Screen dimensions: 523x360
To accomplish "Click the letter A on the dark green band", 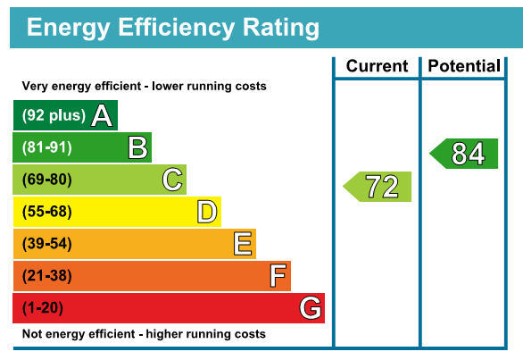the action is coord(102,115).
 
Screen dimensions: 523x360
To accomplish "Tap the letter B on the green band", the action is coord(137,147).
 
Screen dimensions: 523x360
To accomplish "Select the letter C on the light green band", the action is coord(172,180).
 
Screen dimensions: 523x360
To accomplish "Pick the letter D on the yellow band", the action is coord(207,212).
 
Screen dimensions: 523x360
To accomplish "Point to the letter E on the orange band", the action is coord(243,244).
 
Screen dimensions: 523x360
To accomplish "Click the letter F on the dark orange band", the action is coord(278,275).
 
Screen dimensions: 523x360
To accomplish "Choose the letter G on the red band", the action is coord(311,307).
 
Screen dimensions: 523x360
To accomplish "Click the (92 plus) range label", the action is coord(54,115).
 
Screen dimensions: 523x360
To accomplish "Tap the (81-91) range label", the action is coord(47,147).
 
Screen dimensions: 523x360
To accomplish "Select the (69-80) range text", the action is coord(47,180).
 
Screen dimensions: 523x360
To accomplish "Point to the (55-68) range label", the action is coord(47,212).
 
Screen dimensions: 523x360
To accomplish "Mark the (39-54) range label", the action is coord(47,244).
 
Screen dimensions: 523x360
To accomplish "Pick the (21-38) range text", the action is coord(47,276).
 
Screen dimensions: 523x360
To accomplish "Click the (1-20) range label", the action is coord(43,308).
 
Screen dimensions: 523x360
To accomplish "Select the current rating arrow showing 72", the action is coord(378,187).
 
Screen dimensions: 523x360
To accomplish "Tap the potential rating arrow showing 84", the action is coord(463,154).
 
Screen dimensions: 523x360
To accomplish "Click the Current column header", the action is coord(377,66).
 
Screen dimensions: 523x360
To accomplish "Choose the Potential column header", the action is coord(464,66).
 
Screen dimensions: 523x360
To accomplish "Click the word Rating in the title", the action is coord(281,28).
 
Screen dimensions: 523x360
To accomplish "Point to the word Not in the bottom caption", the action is coord(31,333).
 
